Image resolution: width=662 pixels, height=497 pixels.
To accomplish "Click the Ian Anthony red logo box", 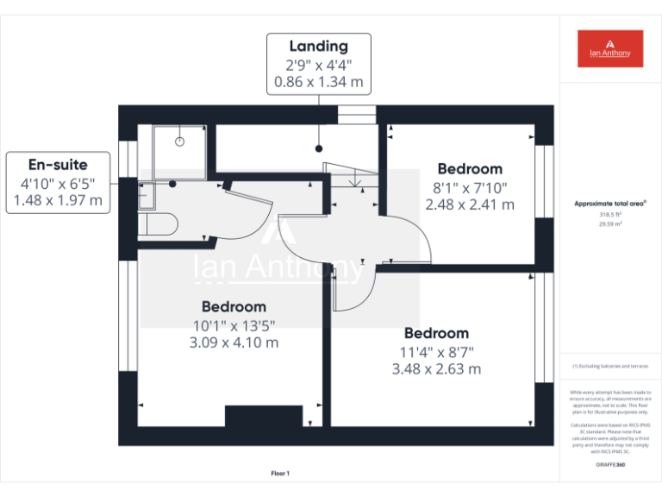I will point(609,48).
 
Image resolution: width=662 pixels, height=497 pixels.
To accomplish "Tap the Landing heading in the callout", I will point(318,46).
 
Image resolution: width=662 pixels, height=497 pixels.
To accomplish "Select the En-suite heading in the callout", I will point(58,164).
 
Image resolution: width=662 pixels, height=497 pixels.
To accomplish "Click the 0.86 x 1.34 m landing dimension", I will point(318,83).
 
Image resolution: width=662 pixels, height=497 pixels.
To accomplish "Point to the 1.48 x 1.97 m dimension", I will point(58,201).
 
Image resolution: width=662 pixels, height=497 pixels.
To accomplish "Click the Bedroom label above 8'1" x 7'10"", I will point(470,169).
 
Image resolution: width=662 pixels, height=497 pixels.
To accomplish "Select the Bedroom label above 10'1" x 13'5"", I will point(234,306).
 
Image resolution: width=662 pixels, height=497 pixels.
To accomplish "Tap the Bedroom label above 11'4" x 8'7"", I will point(436,333).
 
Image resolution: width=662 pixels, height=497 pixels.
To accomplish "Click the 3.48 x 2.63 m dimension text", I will point(436,369).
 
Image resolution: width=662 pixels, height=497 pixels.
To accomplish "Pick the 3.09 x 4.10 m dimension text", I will point(234,343).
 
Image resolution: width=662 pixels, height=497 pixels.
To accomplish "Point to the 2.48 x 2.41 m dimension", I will point(470,205).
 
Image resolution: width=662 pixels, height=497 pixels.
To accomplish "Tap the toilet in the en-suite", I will point(160,225).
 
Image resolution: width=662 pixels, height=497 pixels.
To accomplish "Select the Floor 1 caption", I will point(280,473).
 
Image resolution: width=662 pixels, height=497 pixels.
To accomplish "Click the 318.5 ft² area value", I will point(610,214).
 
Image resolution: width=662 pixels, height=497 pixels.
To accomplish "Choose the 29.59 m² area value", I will point(610,223).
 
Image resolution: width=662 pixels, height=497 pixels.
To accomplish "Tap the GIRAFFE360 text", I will point(610,465).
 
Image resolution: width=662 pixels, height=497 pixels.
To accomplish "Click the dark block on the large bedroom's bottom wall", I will point(263,416).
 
